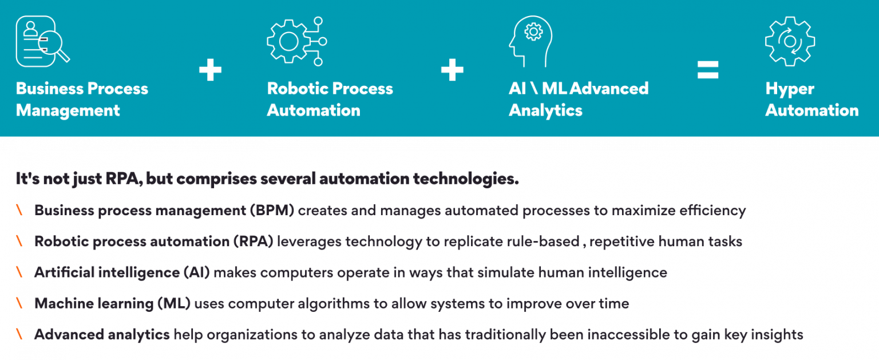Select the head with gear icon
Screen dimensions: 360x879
click(x=530, y=41)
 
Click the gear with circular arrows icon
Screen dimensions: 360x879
click(x=790, y=41)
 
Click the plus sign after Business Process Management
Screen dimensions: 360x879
click(x=210, y=71)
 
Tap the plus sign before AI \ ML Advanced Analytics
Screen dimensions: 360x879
click(x=452, y=71)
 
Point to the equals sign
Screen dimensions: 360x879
click(x=707, y=71)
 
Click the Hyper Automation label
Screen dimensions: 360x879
click(x=811, y=100)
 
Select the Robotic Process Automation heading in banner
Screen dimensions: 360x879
click(x=330, y=100)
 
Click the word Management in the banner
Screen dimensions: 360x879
click(x=68, y=110)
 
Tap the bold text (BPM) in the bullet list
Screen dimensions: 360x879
click(x=271, y=211)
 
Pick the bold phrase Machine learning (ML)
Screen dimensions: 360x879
click(x=112, y=303)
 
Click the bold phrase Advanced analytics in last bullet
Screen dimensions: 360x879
click(x=102, y=334)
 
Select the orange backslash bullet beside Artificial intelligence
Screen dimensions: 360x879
click(x=20, y=272)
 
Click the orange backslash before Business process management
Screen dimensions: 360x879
click(x=20, y=211)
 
